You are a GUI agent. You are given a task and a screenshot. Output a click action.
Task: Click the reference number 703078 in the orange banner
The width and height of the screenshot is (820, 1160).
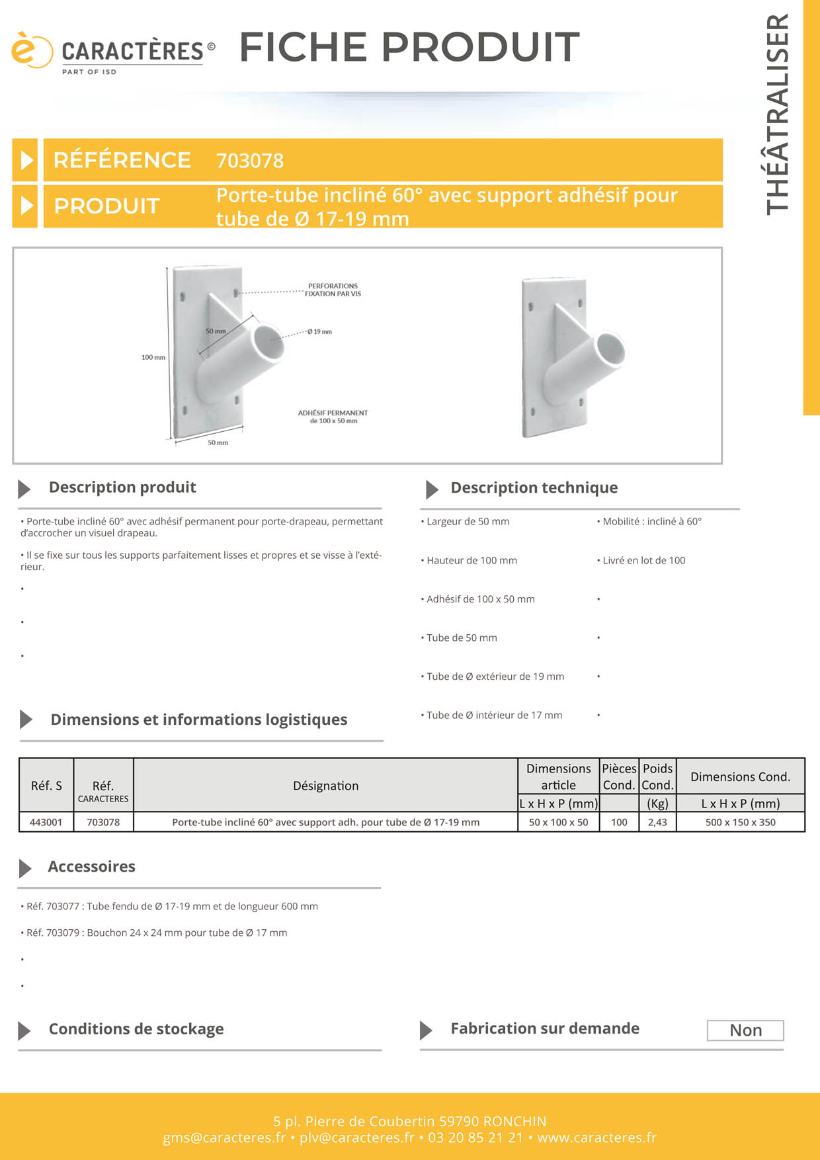(250, 161)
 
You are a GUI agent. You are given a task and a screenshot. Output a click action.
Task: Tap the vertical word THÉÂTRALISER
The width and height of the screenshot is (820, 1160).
(778, 114)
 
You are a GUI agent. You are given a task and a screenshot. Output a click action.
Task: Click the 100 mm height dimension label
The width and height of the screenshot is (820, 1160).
(153, 357)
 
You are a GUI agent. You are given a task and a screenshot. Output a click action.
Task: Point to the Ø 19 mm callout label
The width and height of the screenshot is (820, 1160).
(320, 331)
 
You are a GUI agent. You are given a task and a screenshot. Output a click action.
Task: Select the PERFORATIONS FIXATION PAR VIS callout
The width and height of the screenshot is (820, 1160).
(333, 290)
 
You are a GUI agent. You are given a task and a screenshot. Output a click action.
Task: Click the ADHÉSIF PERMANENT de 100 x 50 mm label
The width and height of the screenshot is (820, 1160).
(333, 417)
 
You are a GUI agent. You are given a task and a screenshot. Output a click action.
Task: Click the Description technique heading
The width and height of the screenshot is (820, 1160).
(534, 487)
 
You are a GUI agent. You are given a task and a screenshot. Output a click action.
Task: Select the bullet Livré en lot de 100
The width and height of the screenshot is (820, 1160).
(643, 560)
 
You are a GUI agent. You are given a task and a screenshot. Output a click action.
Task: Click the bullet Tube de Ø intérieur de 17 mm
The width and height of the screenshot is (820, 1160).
(493, 715)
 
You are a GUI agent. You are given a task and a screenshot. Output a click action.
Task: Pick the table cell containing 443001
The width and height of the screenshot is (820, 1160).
(46, 822)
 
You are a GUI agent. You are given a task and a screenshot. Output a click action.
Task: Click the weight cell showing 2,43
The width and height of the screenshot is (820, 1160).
(657, 822)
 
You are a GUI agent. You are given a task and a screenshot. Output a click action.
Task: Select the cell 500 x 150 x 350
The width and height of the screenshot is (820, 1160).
(740, 822)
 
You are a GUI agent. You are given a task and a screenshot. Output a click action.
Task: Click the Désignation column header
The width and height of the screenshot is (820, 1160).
(325, 786)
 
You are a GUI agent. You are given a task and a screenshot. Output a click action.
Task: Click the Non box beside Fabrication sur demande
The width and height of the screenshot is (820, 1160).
(745, 1030)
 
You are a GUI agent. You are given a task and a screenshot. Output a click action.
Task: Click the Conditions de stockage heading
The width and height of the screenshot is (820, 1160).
(136, 1029)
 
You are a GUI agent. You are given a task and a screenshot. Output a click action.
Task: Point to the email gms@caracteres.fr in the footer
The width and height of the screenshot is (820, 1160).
(224, 1138)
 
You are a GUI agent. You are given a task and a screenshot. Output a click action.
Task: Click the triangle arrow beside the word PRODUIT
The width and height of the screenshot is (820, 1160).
(26, 206)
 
